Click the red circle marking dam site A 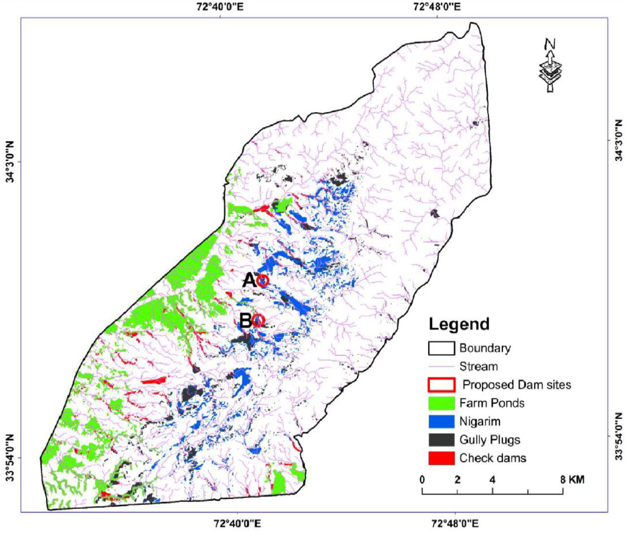pyautogui.click(x=263, y=280)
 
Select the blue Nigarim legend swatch pyautogui.click(x=441, y=421)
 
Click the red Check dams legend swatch pyautogui.click(x=441, y=458)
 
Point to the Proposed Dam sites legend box pyautogui.click(x=441, y=385)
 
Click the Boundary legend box pyautogui.click(x=441, y=348)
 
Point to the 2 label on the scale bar pyautogui.click(x=457, y=480)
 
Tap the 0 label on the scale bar pyautogui.click(x=422, y=480)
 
